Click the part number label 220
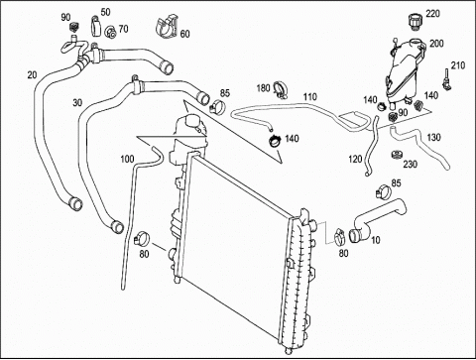(x=432, y=14)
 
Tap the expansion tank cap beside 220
(x=415, y=22)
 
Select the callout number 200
(x=436, y=44)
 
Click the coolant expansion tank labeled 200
(x=403, y=72)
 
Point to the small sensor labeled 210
(x=447, y=81)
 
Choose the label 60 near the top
(x=185, y=34)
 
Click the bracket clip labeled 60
(x=167, y=26)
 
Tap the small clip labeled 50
(x=94, y=26)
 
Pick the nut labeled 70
(x=110, y=32)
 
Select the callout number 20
(x=32, y=75)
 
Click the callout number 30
(x=77, y=103)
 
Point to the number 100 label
(x=127, y=159)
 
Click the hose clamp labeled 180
(x=281, y=90)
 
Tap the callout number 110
(x=310, y=97)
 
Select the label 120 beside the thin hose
(x=355, y=160)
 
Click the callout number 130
(x=433, y=137)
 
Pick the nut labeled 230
(x=396, y=155)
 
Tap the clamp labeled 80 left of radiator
(x=142, y=239)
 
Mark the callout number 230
(x=410, y=164)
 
